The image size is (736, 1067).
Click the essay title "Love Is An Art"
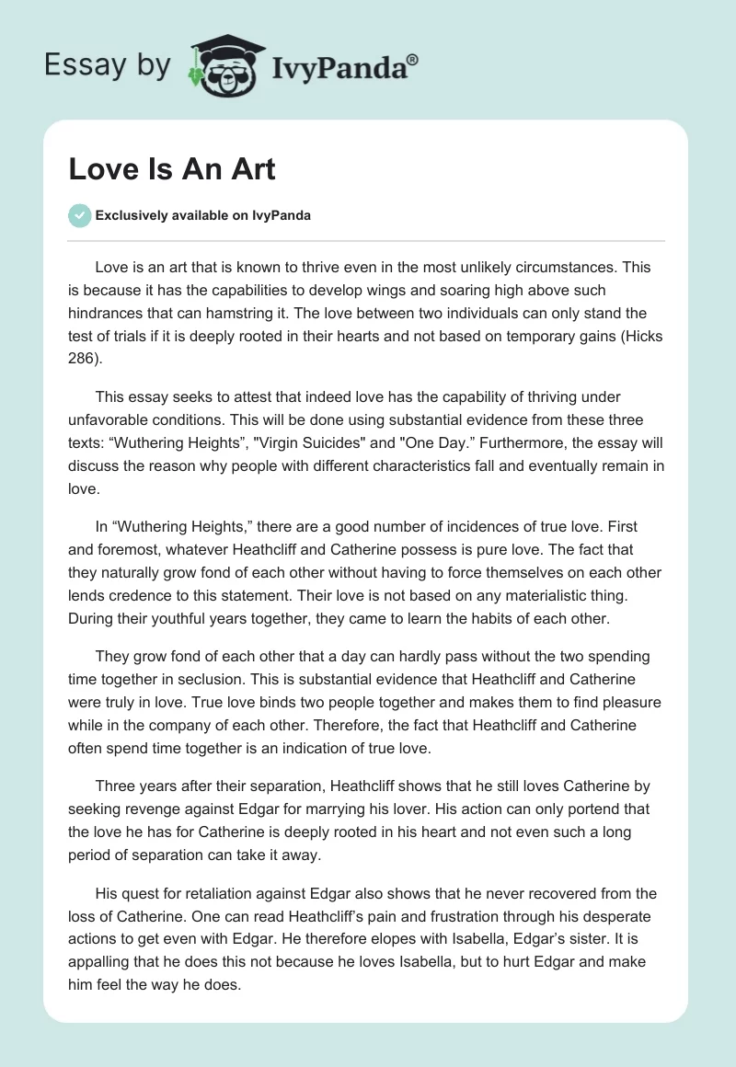[172, 169]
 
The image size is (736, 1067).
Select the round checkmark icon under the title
[79, 215]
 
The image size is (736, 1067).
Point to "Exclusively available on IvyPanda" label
[203, 216]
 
